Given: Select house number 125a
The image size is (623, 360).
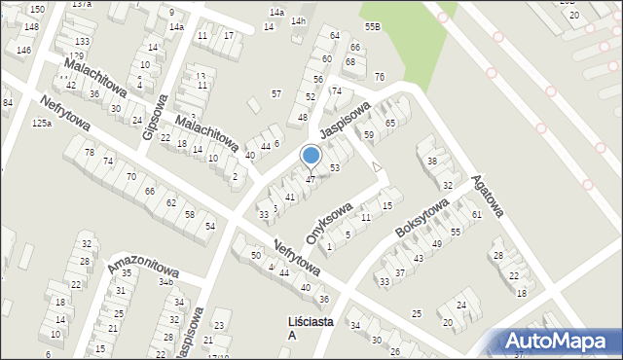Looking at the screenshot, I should point(41,124).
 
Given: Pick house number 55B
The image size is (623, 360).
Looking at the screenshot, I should point(372,26).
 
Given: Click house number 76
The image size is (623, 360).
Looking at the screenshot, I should point(379,77).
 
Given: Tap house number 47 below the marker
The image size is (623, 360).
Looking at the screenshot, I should point(311,179).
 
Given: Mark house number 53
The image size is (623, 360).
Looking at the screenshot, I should point(334,168).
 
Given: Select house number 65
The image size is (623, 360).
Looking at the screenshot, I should point(390,124).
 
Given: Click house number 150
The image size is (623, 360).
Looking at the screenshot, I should point(36,9).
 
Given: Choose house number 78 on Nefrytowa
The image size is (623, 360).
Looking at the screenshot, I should point(89,153).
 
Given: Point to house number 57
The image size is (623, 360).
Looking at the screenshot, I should point(276,93).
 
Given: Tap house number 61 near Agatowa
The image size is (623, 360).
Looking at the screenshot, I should point(477,214).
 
